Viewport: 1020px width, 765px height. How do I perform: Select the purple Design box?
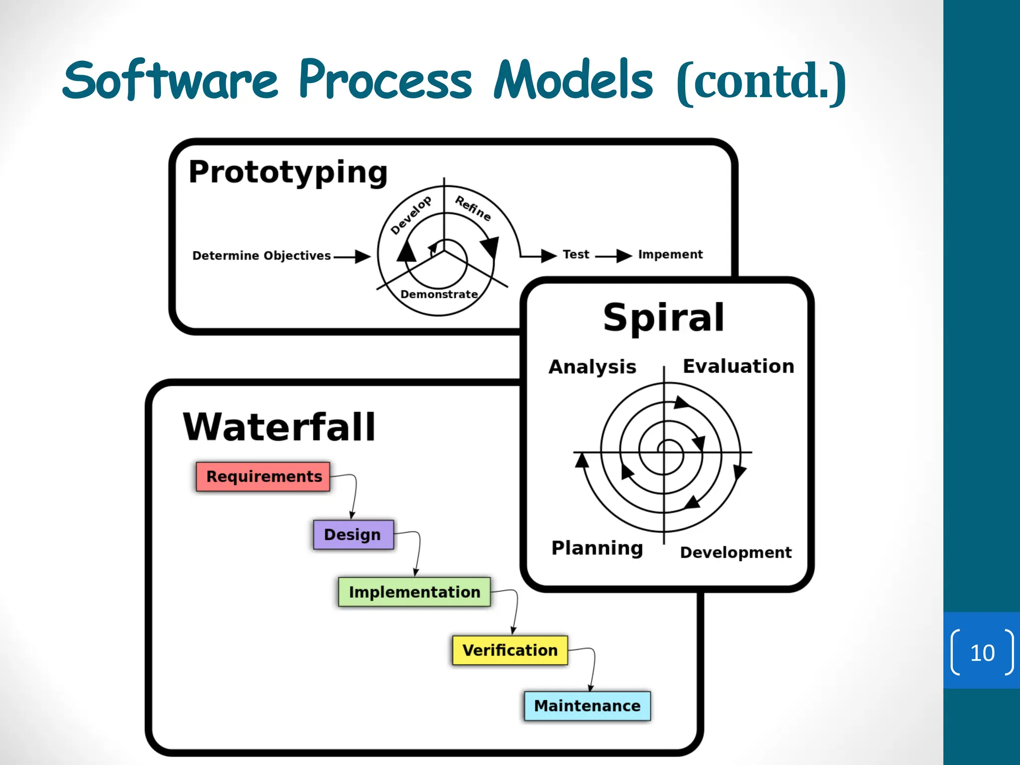[x=353, y=534]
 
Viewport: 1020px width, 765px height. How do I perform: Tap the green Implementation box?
[x=414, y=592]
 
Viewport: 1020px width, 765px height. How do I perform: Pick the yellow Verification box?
[x=510, y=650]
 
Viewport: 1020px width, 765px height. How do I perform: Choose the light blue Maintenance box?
[x=587, y=706]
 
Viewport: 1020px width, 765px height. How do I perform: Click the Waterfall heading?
[x=279, y=427]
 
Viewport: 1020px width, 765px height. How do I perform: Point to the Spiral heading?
[x=663, y=317]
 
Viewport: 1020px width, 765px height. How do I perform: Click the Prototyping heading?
[x=288, y=172]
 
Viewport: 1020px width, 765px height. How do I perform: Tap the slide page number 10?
[x=982, y=652]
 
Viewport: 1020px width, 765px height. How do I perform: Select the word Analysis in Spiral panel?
[x=592, y=367]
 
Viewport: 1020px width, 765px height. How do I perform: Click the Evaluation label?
[x=738, y=366]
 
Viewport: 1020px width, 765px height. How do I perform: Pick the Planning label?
[x=597, y=548]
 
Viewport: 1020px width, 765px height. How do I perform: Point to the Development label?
[x=736, y=552]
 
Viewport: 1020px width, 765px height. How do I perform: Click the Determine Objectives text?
[x=261, y=255]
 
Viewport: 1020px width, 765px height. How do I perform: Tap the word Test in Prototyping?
[x=576, y=255]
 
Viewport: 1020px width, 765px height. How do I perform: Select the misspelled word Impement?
[x=670, y=255]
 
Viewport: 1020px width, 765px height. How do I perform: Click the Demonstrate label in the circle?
[x=439, y=294]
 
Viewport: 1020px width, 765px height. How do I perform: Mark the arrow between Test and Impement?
[x=614, y=256]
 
